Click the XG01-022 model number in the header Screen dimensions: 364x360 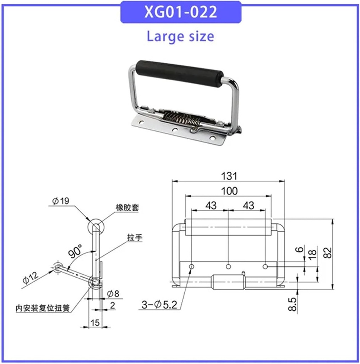(180, 12)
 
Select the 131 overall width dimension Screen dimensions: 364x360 (229, 176)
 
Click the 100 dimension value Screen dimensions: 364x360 (229, 191)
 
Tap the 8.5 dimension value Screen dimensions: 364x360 (292, 304)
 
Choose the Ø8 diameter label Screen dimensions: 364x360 (113, 294)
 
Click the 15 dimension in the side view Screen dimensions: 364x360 (95, 322)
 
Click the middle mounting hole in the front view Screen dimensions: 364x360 (229, 266)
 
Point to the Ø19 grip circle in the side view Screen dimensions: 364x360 (96, 226)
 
